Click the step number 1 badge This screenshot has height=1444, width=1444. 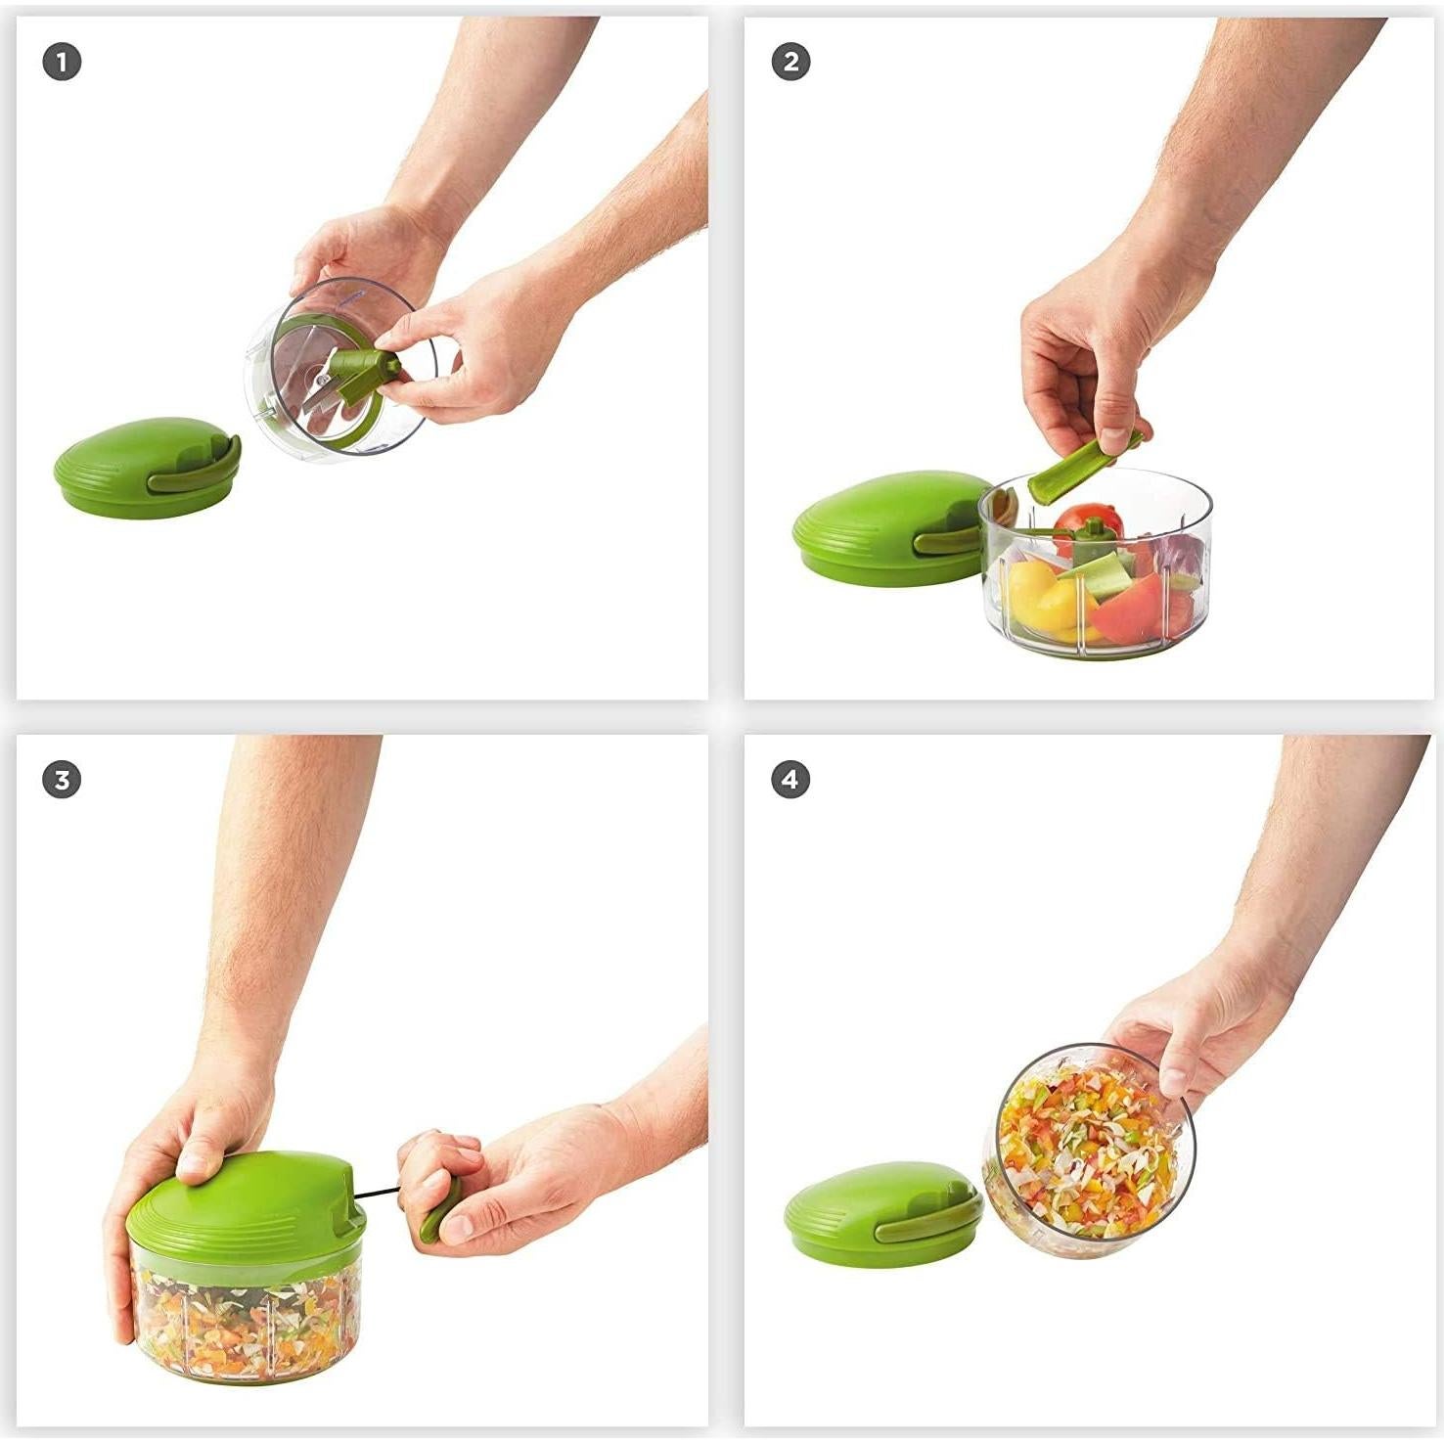62,63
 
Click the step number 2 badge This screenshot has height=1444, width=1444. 790,63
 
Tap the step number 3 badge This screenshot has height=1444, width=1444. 62,780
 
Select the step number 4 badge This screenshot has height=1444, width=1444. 790,780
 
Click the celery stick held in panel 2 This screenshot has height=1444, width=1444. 1076,470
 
